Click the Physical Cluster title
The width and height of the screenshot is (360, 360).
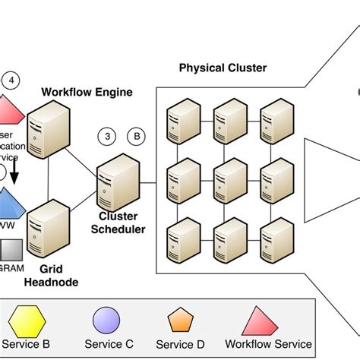(223, 68)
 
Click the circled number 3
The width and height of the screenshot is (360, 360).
(108, 136)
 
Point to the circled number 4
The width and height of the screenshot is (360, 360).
(11, 79)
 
